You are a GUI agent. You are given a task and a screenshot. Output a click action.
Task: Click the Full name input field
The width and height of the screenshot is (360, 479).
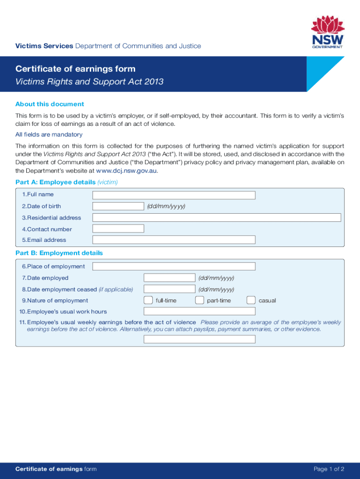174,195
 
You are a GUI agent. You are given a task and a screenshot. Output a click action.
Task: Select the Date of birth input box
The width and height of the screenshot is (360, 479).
118,206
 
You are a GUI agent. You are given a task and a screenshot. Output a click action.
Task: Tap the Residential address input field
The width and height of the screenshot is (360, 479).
216,218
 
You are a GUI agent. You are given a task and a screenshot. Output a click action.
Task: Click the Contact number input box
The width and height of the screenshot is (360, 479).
118,229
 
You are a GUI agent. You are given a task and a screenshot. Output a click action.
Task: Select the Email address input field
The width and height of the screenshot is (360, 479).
174,240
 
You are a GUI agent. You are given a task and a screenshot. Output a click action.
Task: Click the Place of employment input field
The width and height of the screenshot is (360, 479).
174,267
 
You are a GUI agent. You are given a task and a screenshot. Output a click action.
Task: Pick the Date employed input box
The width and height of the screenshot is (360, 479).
169,278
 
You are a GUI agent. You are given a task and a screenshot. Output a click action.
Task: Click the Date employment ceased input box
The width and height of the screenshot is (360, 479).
169,289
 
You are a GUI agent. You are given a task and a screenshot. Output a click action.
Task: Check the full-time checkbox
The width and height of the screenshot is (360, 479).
148,300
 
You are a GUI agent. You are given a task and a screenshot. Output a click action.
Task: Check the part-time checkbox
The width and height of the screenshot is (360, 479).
199,300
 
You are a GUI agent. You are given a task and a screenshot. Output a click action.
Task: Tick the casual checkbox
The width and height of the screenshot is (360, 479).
251,300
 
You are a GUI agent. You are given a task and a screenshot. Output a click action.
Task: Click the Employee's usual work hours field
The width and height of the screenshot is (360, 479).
200,312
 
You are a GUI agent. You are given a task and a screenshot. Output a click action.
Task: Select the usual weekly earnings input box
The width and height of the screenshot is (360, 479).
200,339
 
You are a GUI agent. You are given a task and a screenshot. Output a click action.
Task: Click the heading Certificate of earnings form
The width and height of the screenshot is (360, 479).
75,69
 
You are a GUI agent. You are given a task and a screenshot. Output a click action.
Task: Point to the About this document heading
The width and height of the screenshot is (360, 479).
50,104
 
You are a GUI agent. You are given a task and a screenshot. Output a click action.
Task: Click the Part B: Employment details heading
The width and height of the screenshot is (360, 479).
59,253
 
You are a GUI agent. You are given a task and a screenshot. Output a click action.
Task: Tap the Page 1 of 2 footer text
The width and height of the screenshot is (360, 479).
329,469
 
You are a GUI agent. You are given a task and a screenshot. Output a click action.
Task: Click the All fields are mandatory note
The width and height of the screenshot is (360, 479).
49,135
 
